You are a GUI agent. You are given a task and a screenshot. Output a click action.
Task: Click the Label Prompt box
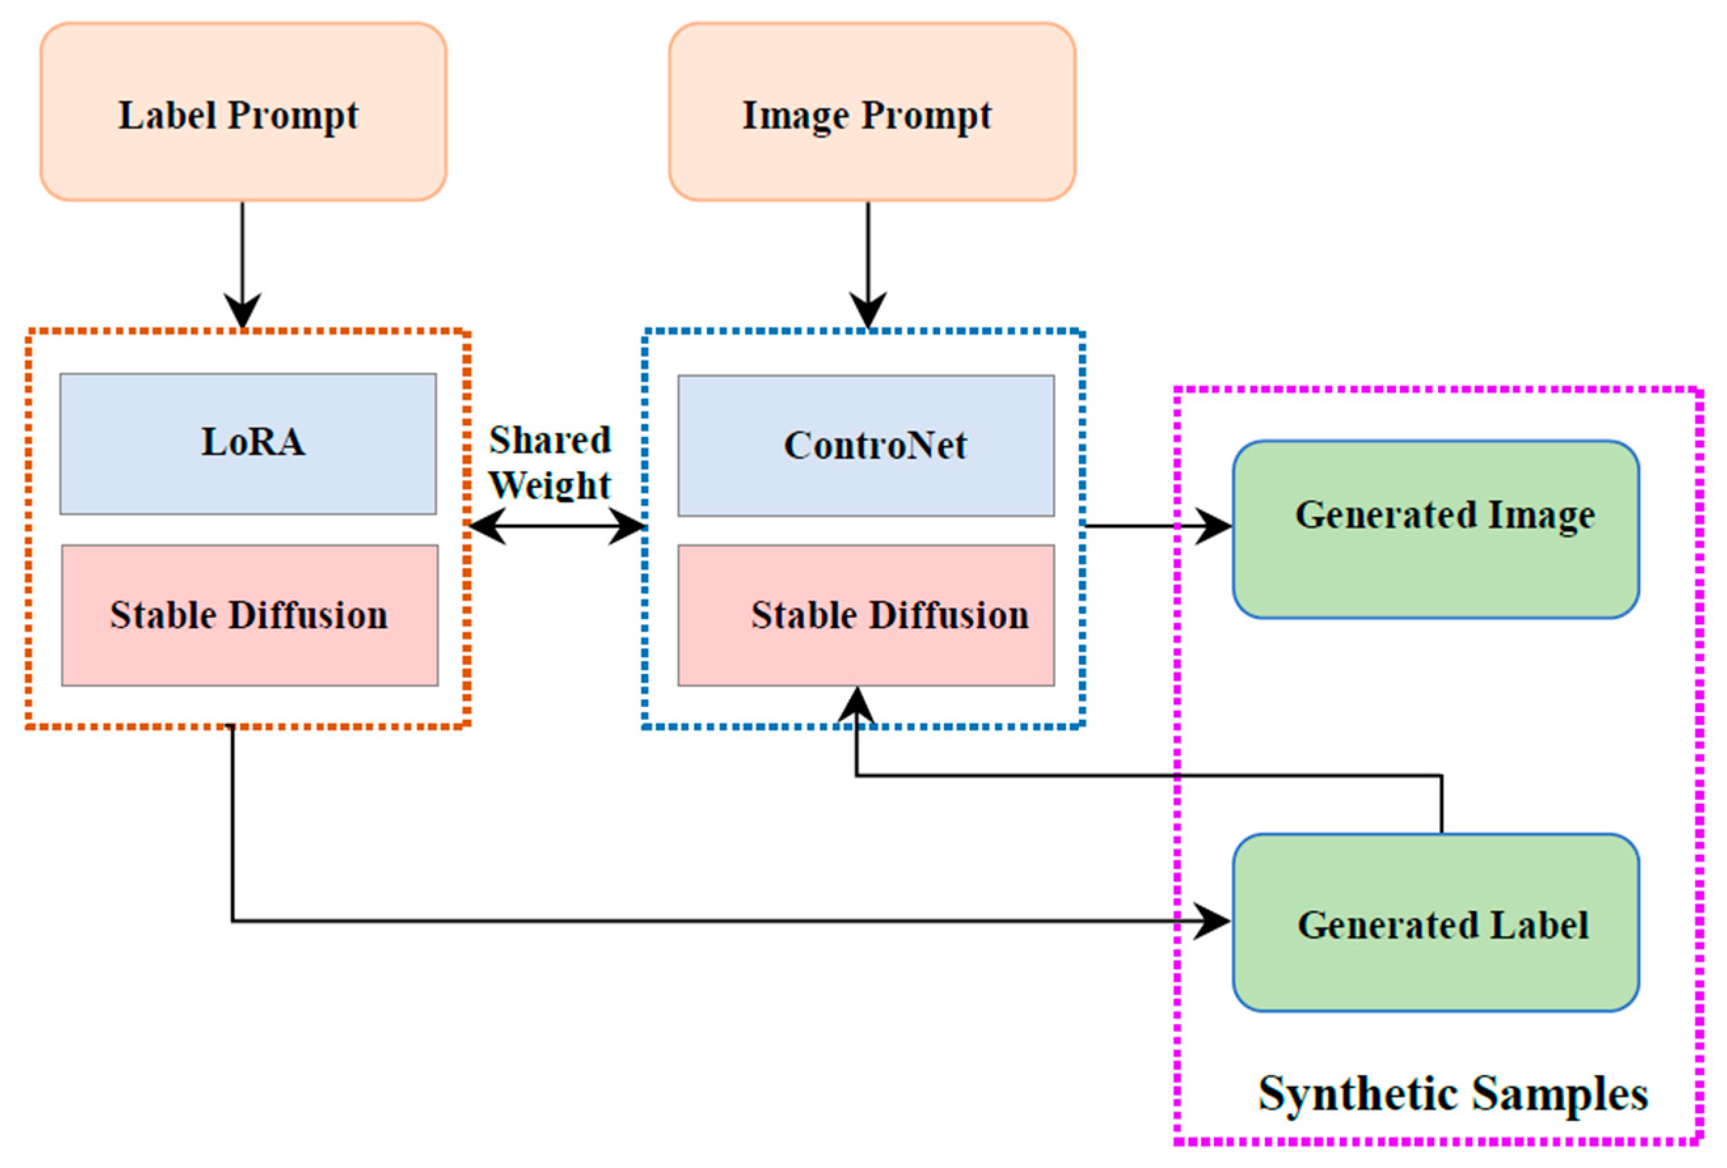pos(243,111)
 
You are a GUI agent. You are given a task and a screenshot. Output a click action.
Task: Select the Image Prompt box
pos(871,111)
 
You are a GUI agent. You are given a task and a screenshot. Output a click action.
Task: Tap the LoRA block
pos(248,443)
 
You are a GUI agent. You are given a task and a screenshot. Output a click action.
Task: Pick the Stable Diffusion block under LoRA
pos(249,615)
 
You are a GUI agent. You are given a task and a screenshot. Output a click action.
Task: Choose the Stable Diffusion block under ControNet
pos(865,615)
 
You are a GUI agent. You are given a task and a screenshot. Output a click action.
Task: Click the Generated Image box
pos(1435,529)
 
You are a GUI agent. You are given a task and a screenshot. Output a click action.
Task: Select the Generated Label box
pos(1435,922)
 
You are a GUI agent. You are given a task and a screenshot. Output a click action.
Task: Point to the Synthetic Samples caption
pos(1452,1094)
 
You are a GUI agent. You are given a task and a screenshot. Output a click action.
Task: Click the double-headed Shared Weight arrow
pos(556,526)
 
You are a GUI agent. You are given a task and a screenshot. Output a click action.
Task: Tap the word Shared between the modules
pos(549,440)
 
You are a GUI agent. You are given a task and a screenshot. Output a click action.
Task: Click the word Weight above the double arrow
pos(549,485)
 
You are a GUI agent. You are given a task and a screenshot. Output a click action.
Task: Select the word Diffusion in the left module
pos(308,615)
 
